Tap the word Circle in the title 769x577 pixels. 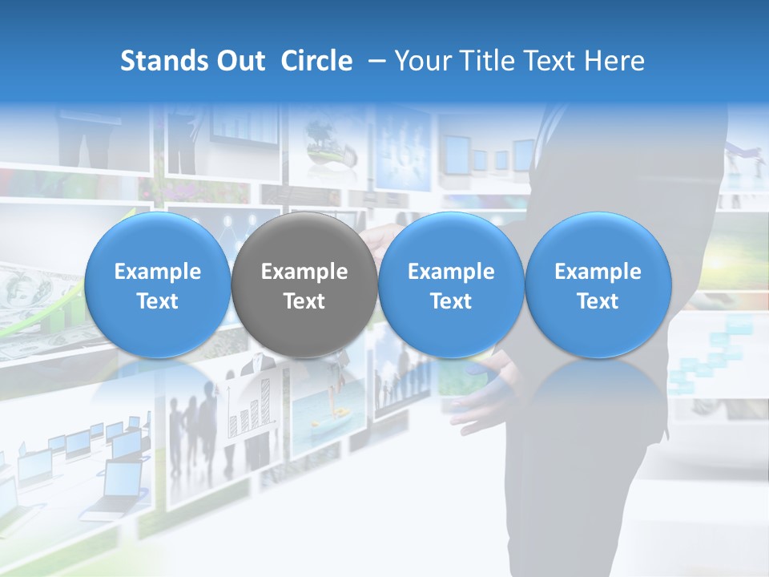click(x=316, y=61)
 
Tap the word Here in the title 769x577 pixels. click(x=614, y=61)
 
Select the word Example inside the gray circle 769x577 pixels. click(x=304, y=272)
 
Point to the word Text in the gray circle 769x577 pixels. click(x=304, y=301)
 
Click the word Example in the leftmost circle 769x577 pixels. click(x=157, y=272)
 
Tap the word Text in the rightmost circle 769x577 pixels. click(x=598, y=301)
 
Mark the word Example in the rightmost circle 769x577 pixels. click(x=598, y=272)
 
